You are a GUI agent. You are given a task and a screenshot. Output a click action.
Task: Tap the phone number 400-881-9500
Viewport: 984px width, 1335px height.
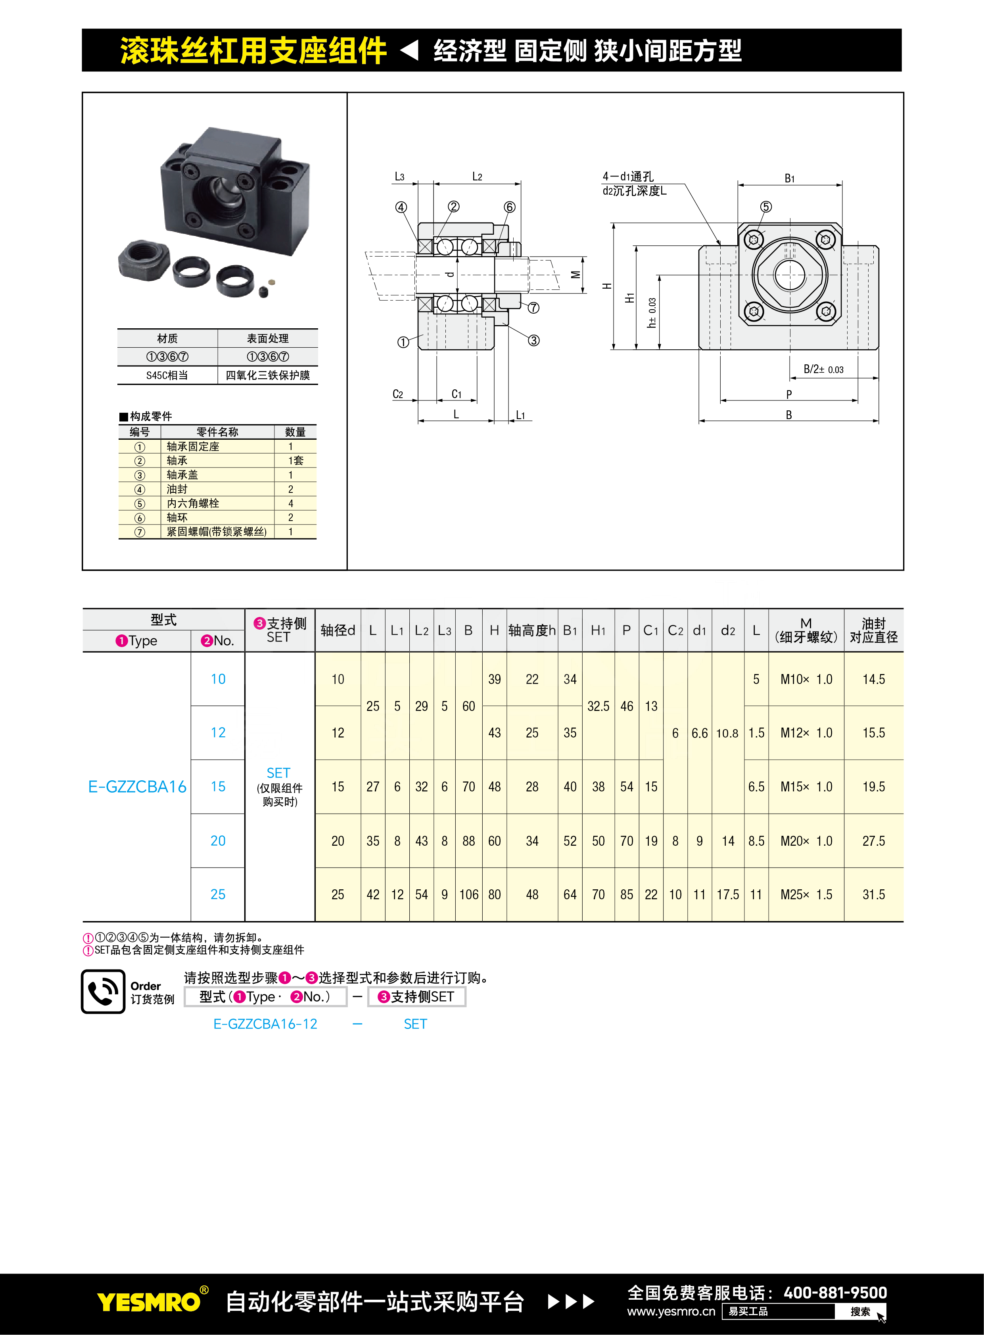pos(835,1293)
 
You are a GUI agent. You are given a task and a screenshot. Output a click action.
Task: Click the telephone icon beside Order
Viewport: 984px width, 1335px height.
pos(103,991)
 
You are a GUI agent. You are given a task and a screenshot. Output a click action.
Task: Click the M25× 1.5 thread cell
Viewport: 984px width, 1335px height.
pos(806,894)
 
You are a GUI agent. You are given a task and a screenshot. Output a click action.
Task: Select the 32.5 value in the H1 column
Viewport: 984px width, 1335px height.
pos(598,706)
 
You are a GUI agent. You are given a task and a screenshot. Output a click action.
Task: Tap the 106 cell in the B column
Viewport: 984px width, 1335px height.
pos(469,894)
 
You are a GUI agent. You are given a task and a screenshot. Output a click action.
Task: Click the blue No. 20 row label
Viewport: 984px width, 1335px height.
pos(218,841)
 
